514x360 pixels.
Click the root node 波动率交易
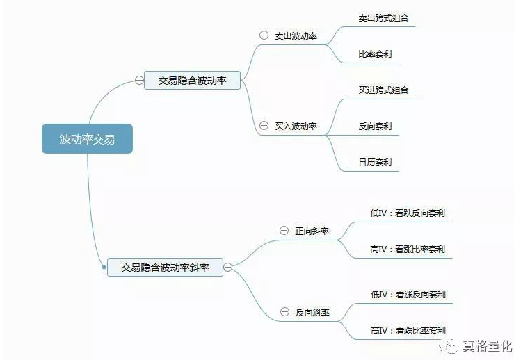tap(87, 140)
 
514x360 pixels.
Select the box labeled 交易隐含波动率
tap(192, 81)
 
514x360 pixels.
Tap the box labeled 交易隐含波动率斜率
tap(165, 266)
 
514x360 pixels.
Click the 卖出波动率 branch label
tap(296, 35)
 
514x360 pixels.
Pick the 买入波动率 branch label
tap(296, 126)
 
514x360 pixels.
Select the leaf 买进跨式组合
tap(383, 90)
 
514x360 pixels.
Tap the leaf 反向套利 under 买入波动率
tap(375, 126)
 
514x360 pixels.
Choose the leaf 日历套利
tap(375, 163)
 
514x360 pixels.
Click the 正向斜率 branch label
tap(312, 231)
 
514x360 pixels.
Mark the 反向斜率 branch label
tap(312, 313)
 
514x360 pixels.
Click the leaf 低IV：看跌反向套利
tap(408, 213)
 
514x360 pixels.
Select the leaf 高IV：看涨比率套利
tap(408, 249)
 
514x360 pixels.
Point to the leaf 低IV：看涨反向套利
tap(408, 295)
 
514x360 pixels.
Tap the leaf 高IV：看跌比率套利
tap(408, 331)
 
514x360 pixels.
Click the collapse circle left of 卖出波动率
tap(264, 35)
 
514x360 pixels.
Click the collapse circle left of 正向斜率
tap(284, 230)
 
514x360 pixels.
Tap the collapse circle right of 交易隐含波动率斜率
tap(227, 266)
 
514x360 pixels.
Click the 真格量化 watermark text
tap(487, 345)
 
